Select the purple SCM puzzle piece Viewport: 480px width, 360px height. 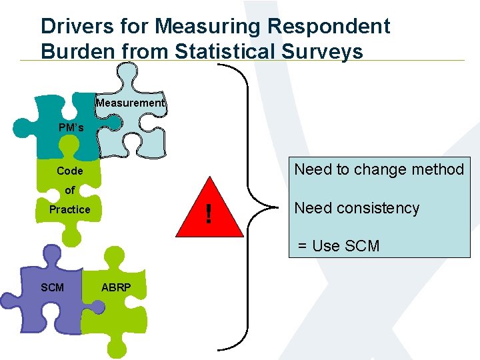(x=47, y=293)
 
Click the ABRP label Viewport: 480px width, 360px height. (x=116, y=287)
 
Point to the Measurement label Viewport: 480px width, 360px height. (x=129, y=103)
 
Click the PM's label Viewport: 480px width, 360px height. (x=70, y=127)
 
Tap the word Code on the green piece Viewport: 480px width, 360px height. (x=70, y=171)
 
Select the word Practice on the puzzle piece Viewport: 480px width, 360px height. (x=70, y=209)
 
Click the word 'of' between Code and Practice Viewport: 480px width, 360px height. (x=70, y=190)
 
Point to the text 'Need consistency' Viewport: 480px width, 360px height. (x=357, y=208)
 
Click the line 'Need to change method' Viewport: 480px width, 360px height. (x=379, y=169)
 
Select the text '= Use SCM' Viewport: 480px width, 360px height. (x=338, y=246)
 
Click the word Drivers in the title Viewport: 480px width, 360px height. (x=74, y=27)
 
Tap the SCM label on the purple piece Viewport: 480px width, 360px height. (x=53, y=287)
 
